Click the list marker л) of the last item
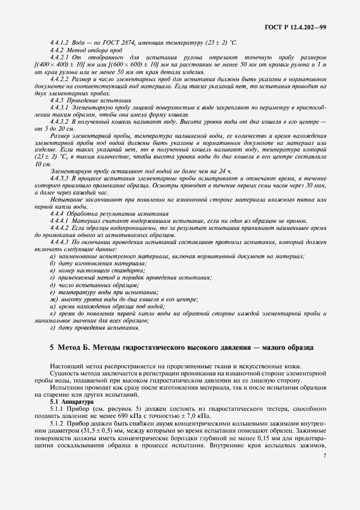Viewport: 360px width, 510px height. pyautogui.click(x=52, y=327)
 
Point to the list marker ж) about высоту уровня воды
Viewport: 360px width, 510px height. pyautogui.click(x=53, y=299)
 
